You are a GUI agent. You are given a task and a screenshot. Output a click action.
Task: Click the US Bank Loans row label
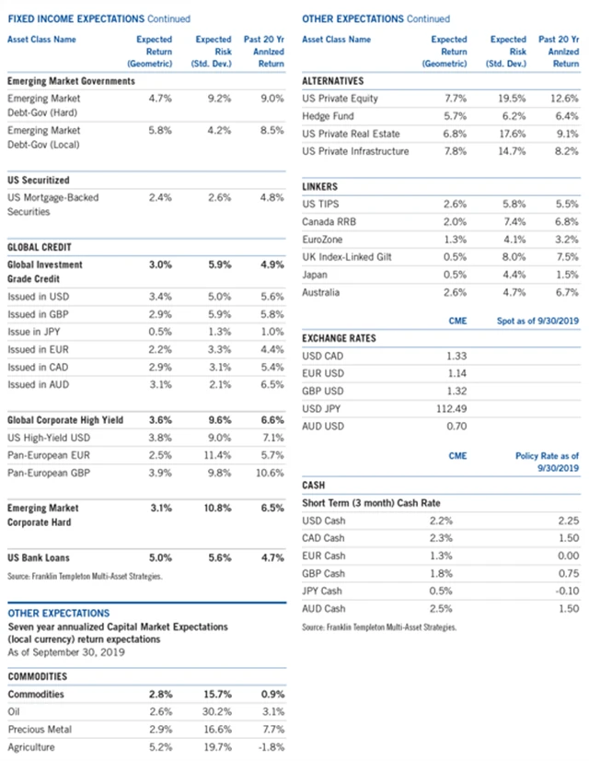[x=38, y=557]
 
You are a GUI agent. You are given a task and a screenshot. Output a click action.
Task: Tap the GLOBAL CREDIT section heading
[x=39, y=248]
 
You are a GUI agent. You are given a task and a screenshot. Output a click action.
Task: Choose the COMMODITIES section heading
[x=39, y=675]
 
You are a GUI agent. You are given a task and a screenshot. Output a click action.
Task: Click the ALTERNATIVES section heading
[x=333, y=81]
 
